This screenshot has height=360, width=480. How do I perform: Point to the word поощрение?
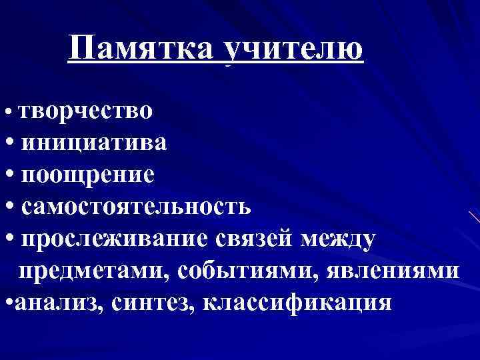click(89, 174)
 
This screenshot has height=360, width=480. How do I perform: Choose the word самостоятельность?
click(136, 206)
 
